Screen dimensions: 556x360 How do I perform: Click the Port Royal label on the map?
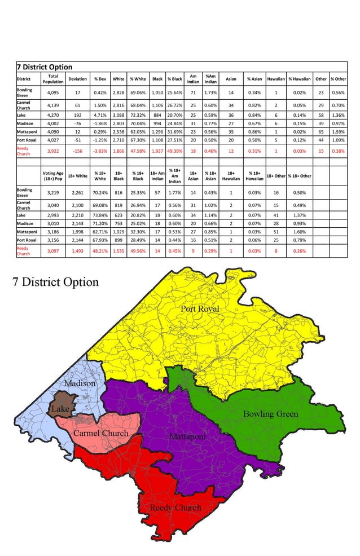pos(200,309)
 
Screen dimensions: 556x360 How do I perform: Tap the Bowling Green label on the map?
pos(270,414)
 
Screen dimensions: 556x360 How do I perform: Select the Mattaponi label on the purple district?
pos(187,436)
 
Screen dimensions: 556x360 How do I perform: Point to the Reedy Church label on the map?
pos(175,508)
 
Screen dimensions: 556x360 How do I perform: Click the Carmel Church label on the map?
pos(100,433)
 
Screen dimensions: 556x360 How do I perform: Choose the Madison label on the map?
pos(80,383)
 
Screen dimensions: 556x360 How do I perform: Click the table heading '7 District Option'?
pos(45,67)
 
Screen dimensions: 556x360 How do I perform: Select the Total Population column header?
pos(53,79)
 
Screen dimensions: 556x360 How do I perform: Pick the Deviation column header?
pos(77,79)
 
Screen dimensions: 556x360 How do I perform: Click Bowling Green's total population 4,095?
pos(53,92)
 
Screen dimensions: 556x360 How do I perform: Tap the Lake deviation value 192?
pos(77,117)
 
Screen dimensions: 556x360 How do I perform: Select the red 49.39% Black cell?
pos(174,151)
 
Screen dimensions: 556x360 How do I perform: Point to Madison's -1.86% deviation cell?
pos(100,129)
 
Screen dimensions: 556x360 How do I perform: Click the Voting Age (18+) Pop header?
pos(53,176)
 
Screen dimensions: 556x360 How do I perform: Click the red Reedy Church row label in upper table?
pos(24,151)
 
